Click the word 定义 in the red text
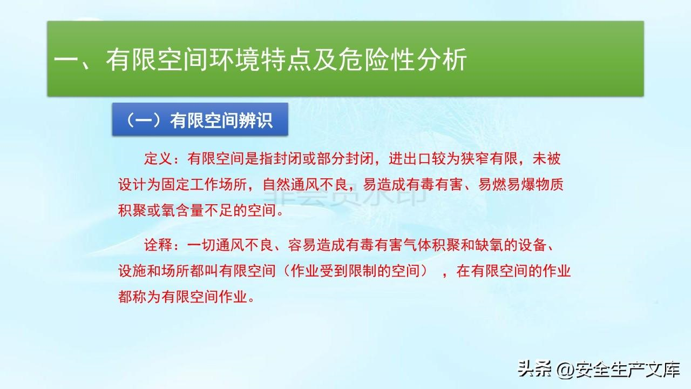coord(158,159)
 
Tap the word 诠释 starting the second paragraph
coord(158,245)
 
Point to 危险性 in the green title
coord(377,59)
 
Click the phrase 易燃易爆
coord(506,185)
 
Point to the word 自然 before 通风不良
coord(276,185)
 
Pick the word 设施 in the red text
coord(132,271)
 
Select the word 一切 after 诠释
coord(201,245)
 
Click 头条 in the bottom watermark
coord(534,368)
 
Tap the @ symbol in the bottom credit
coord(565,370)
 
